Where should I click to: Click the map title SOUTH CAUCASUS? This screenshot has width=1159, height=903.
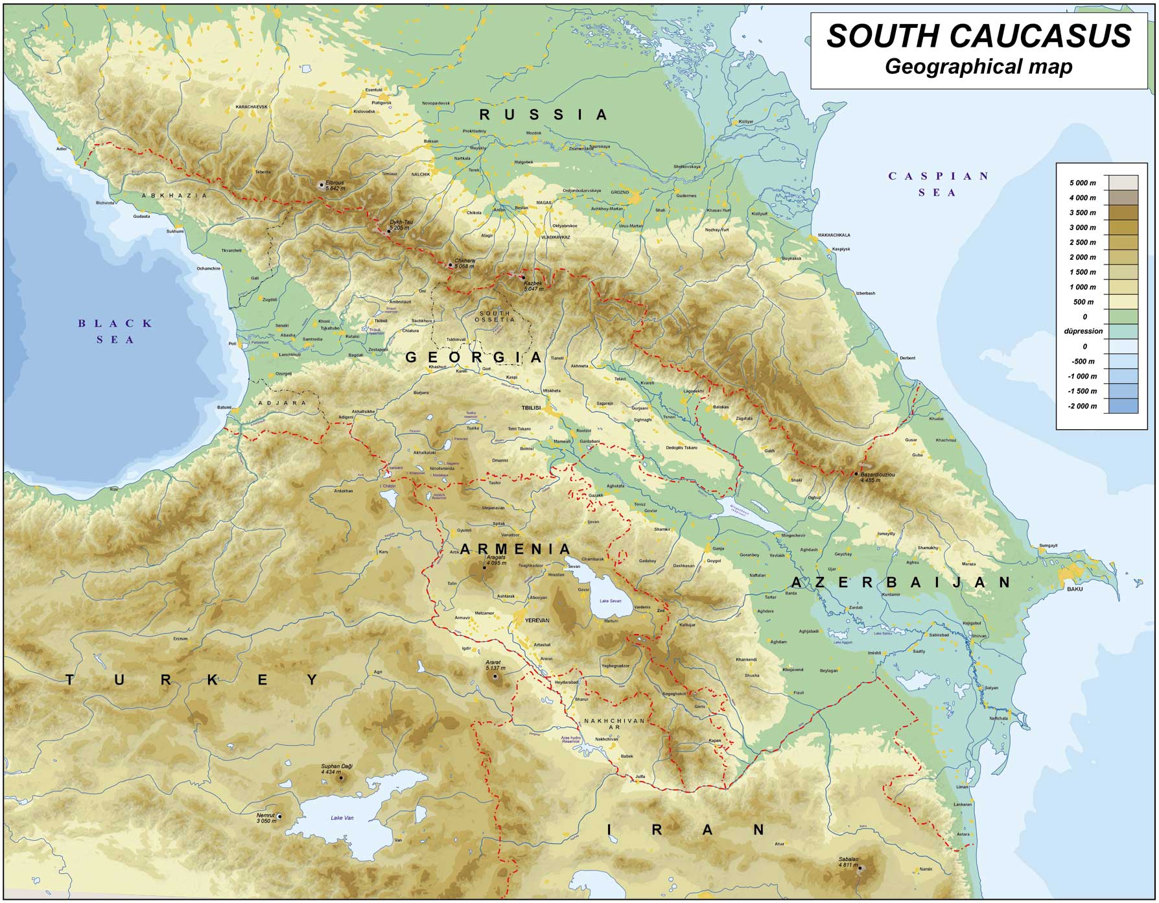pyautogui.click(x=979, y=36)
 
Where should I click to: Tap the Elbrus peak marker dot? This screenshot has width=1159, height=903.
pyautogui.click(x=321, y=185)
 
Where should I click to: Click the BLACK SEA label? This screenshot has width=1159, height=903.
pyautogui.click(x=115, y=331)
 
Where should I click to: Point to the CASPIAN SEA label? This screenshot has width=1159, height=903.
pyautogui.click(x=939, y=184)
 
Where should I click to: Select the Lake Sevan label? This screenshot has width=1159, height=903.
pyautogui.click(x=610, y=601)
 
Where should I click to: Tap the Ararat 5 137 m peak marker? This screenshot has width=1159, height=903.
pyautogui.click(x=496, y=676)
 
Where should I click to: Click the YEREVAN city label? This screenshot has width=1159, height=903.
pyautogui.click(x=537, y=620)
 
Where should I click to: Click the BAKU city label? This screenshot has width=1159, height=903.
pyautogui.click(x=1075, y=589)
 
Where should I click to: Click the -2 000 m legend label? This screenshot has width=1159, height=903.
pyautogui.click(x=1082, y=406)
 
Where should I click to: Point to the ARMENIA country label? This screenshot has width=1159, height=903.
pyautogui.click(x=515, y=550)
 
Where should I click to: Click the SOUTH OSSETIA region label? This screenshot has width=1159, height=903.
pyautogui.click(x=495, y=316)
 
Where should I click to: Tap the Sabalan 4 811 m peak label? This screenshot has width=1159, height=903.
pyautogui.click(x=848, y=862)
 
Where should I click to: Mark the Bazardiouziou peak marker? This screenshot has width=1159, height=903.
pyautogui.click(x=857, y=473)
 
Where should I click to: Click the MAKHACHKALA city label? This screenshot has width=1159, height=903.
pyautogui.click(x=834, y=235)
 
